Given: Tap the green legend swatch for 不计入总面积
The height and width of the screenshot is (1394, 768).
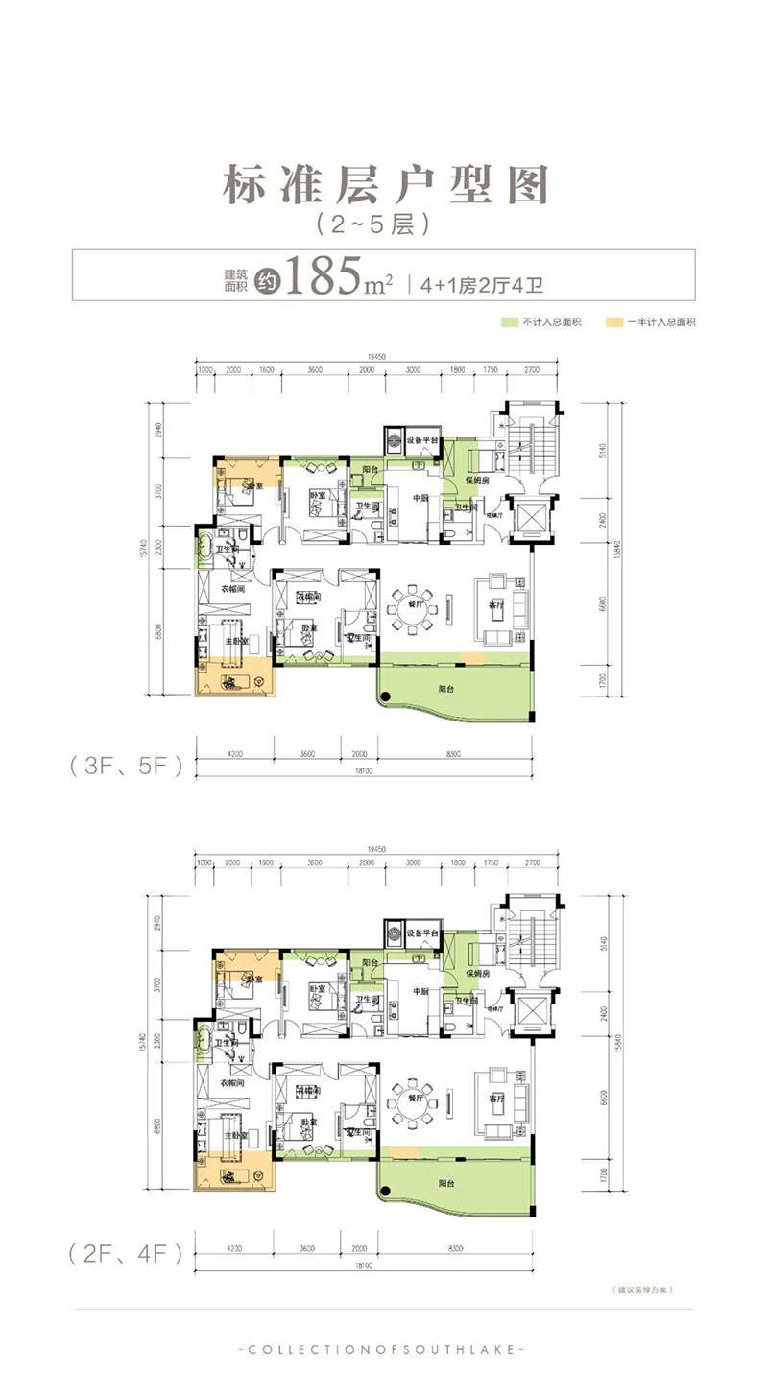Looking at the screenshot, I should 509,322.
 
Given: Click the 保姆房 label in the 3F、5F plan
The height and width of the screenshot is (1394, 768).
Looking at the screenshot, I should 478,479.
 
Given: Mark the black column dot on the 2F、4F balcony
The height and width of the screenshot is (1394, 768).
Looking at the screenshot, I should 384,1192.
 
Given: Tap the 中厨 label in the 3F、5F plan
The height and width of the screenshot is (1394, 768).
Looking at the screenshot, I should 420,498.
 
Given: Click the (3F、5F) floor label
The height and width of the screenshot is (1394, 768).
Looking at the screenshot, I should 125,768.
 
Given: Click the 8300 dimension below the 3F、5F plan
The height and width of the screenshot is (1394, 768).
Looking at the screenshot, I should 454,754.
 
